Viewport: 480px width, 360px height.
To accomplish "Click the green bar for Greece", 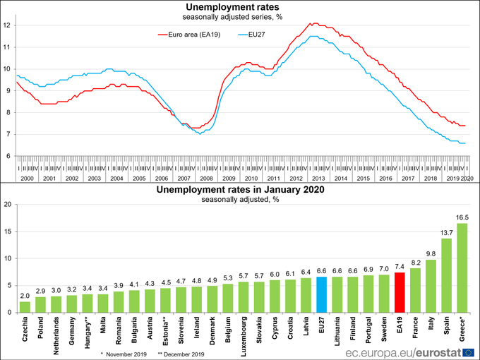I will tap(462, 268).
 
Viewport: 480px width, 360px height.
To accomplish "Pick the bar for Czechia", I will tap(25, 307).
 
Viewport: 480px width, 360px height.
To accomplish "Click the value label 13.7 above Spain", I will tap(447, 232).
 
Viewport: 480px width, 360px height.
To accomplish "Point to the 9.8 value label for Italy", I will tap(431, 253).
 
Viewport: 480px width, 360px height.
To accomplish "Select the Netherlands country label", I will tap(56, 336).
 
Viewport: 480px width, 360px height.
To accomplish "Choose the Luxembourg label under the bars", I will tap(244, 337).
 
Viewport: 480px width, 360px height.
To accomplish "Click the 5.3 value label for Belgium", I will tap(228, 277).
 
